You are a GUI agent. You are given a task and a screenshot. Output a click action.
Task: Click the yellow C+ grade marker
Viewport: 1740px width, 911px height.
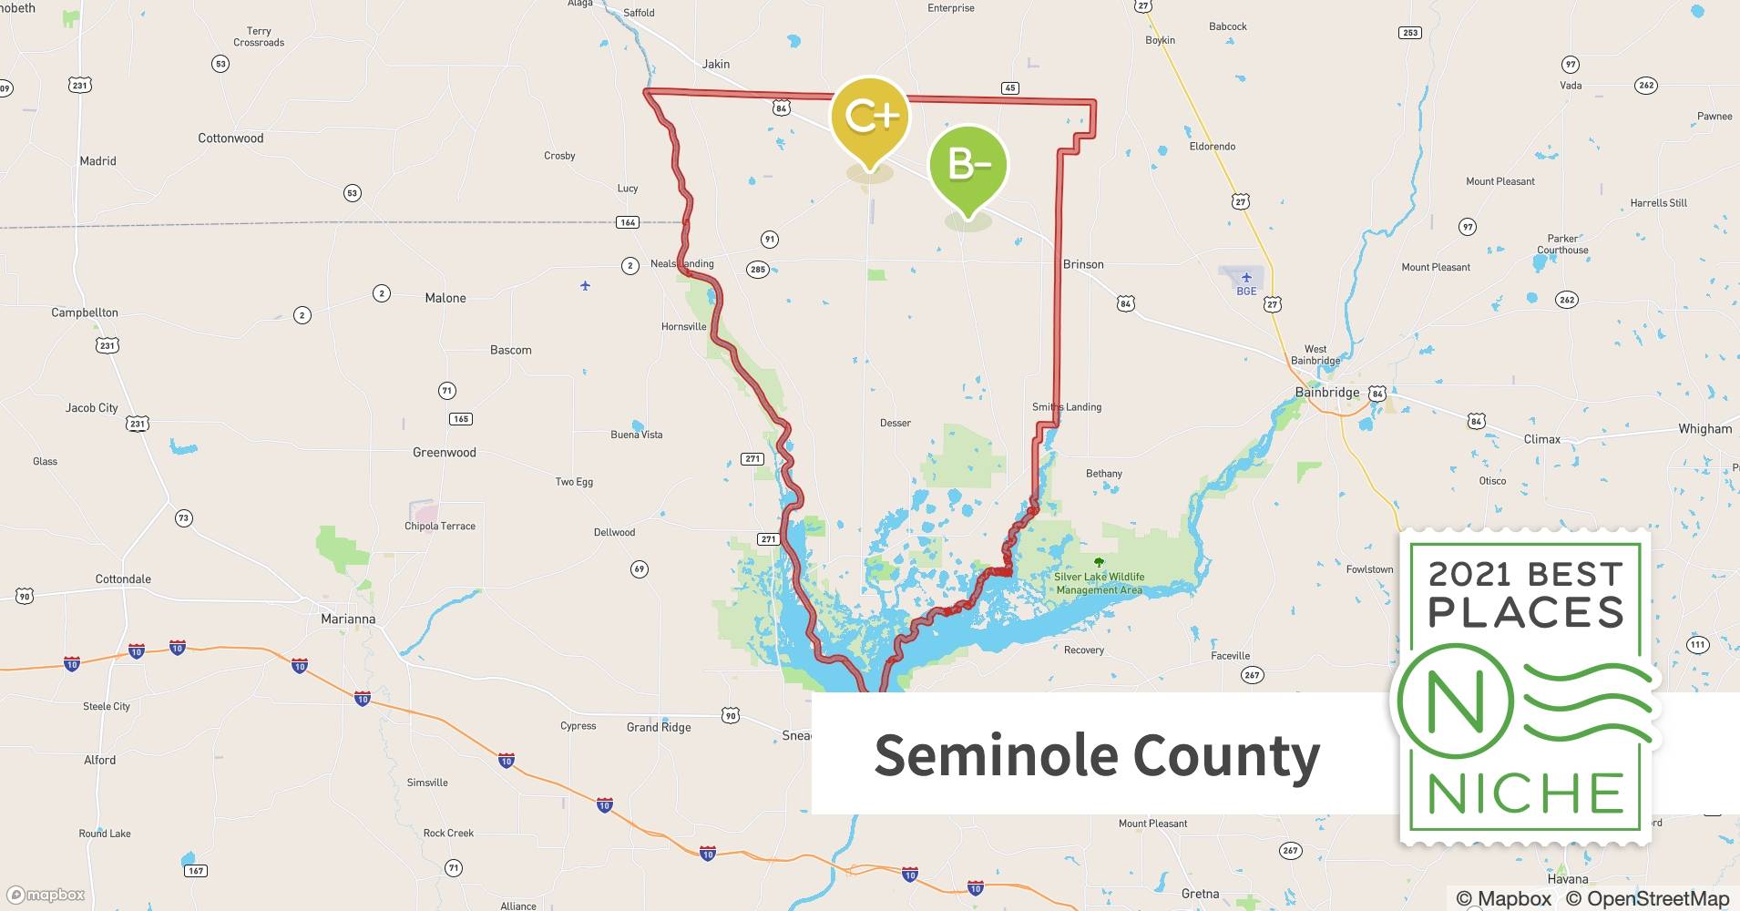(x=871, y=117)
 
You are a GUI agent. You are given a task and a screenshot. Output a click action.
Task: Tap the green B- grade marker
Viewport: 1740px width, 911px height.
(x=968, y=165)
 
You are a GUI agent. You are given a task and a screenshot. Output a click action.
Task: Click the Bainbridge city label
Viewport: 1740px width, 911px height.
(x=1326, y=393)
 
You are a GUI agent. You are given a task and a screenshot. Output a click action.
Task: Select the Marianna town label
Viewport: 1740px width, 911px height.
(x=348, y=619)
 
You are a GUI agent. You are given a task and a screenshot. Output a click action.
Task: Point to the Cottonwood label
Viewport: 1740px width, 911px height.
(x=230, y=138)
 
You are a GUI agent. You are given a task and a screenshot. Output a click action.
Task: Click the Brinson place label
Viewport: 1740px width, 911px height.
(x=1083, y=265)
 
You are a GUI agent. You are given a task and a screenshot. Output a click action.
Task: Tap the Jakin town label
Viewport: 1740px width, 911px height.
(x=716, y=65)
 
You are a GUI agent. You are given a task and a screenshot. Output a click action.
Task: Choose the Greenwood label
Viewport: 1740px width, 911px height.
(x=445, y=453)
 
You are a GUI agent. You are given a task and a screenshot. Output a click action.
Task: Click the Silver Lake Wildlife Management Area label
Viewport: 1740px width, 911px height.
(x=1099, y=583)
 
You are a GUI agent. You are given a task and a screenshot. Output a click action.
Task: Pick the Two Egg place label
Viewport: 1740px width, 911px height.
(x=574, y=482)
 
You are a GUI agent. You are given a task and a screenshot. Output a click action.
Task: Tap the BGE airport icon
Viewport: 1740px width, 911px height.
(x=1246, y=278)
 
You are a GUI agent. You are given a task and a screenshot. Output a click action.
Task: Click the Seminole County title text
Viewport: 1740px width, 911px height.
(x=1097, y=755)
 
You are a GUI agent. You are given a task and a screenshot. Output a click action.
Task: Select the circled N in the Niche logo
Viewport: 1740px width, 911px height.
(x=1455, y=702)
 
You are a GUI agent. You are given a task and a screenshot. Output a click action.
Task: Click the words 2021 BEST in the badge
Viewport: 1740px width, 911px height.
(x=1525, y=574)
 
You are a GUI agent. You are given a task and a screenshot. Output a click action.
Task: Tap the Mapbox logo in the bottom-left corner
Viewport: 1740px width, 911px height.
(x=46, y=896)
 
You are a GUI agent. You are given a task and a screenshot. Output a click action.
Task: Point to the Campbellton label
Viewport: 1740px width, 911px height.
(x=85, y=313)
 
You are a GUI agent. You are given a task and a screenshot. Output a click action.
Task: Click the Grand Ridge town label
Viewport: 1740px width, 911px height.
(x=659, y=728)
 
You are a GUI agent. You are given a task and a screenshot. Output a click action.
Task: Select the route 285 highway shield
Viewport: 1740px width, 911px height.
(x=757, y=270)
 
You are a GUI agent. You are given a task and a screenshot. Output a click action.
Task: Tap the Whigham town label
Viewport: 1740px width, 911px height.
(x=1704, y=429)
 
